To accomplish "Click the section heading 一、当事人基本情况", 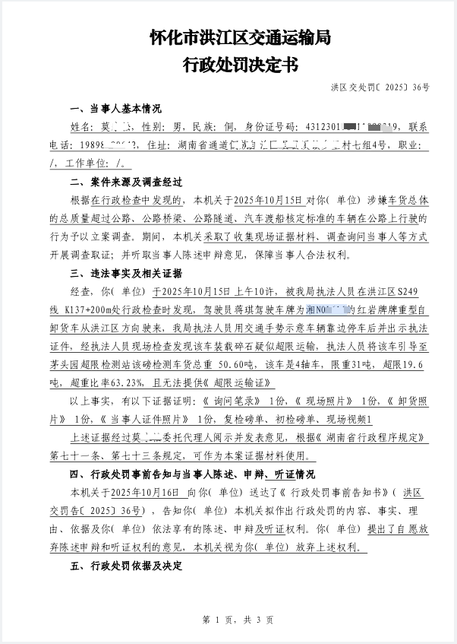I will (x=115, y=109).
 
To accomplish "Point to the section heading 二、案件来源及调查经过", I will (x=126, y=182).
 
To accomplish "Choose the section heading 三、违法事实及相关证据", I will (x=126, y=274).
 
